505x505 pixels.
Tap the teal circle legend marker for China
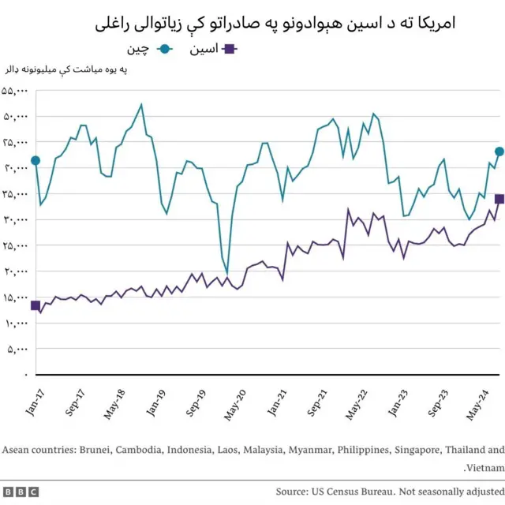[x=165, y=49]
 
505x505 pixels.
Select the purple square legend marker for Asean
[x=230, y=49]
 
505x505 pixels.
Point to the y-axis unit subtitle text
[x=66, y=71]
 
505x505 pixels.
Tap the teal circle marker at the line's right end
[x=499, y=151]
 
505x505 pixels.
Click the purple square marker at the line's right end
[x=499, y=199]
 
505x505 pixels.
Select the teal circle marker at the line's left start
[x=36, y=161]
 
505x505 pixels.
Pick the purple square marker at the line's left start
[x=36, y=305]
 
